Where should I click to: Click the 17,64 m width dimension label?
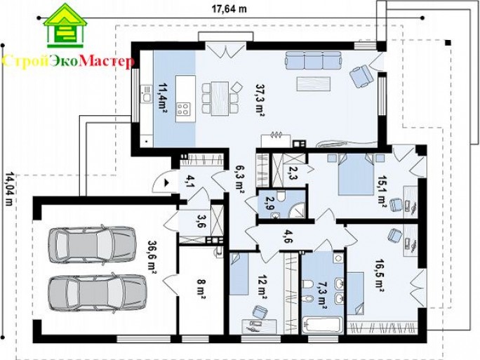(x=229, y=9)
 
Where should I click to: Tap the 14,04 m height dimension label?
(x=9, y=189)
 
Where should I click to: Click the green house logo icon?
(x=65, y=26)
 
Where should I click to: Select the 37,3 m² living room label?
(x=260, y=100)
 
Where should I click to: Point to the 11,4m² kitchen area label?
(x=162, y=98)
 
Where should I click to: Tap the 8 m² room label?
(x=201, y=288)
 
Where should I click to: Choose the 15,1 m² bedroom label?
(x=382, y=192)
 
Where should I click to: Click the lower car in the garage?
(x=98, y=294)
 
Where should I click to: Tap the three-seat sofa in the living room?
(x=313, y=60)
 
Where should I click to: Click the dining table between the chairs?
(x=220, y=98)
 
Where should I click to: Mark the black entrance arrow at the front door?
(x=167, y=182)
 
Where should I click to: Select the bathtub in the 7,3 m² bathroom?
(x=322, y=325)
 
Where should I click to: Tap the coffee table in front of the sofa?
(x=314, y=84)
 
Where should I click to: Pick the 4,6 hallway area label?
(x=288, y=236)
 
